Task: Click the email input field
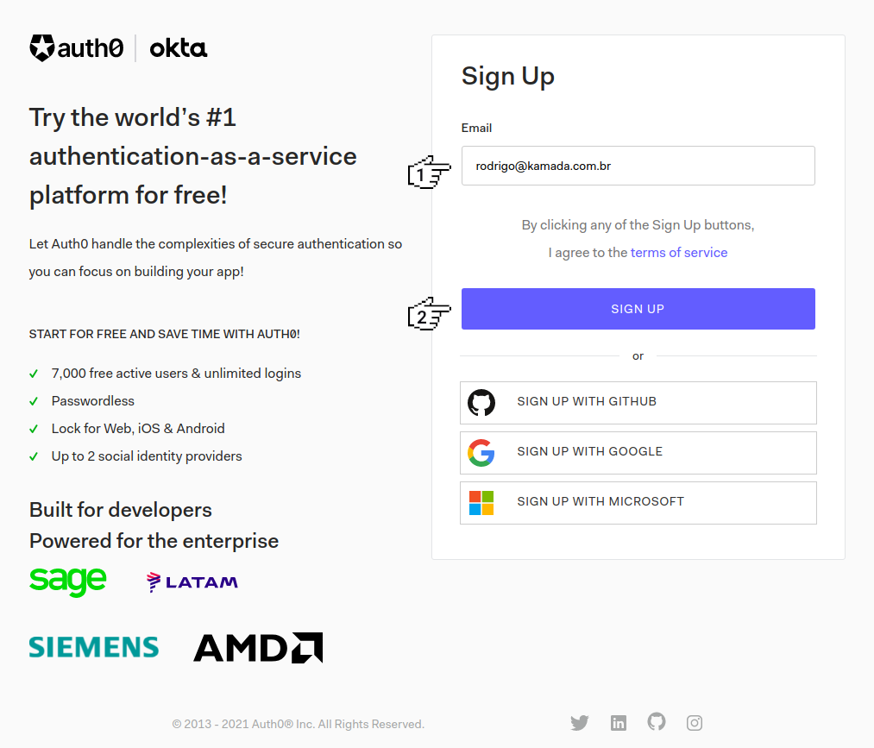(638, 166)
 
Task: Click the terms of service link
(679, 253)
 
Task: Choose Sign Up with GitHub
(638, 402)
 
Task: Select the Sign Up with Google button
(638, 453)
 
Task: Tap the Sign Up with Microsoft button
(638, 503)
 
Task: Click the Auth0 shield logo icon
(42, 48)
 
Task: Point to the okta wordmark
(179, 48)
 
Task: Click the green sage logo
(67, 581)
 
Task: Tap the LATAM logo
(192, 582)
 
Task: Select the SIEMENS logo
(94, 647)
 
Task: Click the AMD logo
(258, 648)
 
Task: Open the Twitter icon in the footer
(580, 723)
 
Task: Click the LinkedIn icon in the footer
(619, 723)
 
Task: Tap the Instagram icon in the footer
(695, 723)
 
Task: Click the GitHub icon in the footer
(657, 722)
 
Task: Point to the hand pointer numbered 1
(429, 173)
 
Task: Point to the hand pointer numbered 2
(429, 314)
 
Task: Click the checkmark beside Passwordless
(34, 401)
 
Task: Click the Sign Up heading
(508, 77)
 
